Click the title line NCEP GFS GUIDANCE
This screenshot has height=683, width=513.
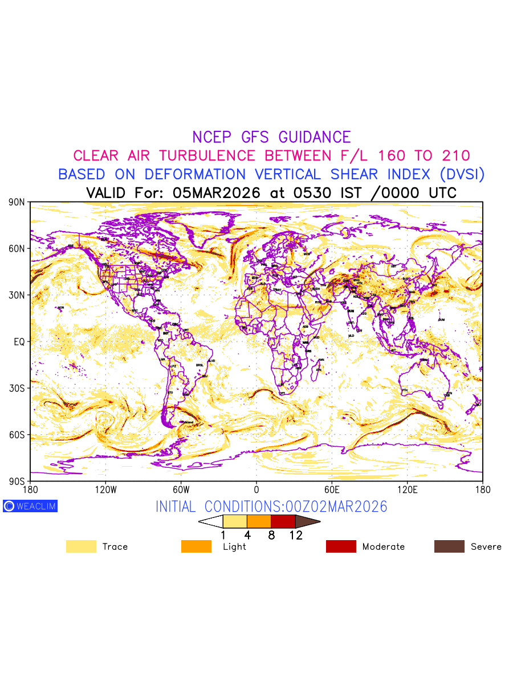click(271, 137)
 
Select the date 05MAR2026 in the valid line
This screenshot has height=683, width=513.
click(216, 193)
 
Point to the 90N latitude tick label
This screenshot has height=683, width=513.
click(17, 202)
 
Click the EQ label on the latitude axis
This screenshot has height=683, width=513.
click(19, 341)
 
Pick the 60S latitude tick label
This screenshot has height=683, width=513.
click(17, 435)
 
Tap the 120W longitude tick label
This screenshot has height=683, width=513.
click(105, 489)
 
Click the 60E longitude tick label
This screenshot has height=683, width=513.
click(332, 489)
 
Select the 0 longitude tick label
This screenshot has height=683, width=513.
click(256, 489)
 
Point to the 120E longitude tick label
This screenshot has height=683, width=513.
click(407, 489)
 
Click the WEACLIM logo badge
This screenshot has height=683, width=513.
click(30, 506)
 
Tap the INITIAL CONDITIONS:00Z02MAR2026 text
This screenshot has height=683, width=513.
click(271, 507)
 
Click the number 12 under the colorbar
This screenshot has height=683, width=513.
click(296, 535)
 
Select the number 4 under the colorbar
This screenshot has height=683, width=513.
click(247, 535)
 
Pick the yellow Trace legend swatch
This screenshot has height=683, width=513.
click(81, 546)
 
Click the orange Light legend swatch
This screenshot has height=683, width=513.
click(196, 546)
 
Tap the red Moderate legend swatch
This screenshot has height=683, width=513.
click(341, 546)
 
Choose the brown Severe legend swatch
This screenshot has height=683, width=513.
click(449, 546)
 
